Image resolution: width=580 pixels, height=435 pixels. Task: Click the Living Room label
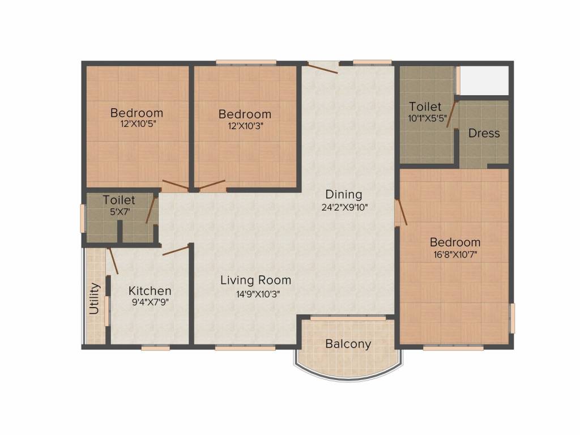pyautogui.click(x=255, y=280)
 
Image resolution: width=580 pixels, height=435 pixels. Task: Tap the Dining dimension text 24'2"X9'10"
pyautogui.click(x=344, y=207)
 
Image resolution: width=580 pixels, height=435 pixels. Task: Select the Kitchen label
pyautogui.click(x=150, y=291)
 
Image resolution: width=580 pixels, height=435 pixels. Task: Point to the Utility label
pyautogui.click(x=95, y=298)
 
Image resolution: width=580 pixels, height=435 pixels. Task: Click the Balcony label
pyautogui.click(x=348, y=344)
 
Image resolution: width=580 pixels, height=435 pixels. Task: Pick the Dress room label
pyautogui.click(x=484, y=133)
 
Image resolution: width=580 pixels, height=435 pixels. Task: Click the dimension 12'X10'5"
pyautogui.click(x=138, y=123)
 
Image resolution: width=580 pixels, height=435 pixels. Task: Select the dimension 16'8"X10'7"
pyautogui.click(x=455, y=254)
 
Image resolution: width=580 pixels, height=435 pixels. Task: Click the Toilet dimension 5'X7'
pyautogui.click(x=119, y=212)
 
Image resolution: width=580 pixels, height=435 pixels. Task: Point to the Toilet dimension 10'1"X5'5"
pyautogui.click(x=427, y=119)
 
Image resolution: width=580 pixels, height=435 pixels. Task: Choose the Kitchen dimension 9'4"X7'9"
pyautogui.click(x=150, y=302)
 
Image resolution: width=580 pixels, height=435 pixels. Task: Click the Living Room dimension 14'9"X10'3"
pyautogui.click(x=258, y=295)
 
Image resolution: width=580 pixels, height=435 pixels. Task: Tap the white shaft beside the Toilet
pyautogui.click(x=484, y=80)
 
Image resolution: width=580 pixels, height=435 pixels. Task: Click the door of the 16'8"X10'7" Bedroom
pyautogui.click(x=402, y=212)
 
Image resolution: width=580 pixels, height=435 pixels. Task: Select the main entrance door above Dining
pyautogui.click(x=322, y=69)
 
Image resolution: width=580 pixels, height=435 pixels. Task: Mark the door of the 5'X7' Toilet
pyautogui.click(x=151, y=210)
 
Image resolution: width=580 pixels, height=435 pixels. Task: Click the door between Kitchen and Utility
pyautogui.click(x=113, y=261)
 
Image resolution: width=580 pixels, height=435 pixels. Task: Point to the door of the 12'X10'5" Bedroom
pyautogui.click(x=176, y=185)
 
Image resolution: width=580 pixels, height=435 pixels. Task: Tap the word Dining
pyautogui.click(x=344, y=195)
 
